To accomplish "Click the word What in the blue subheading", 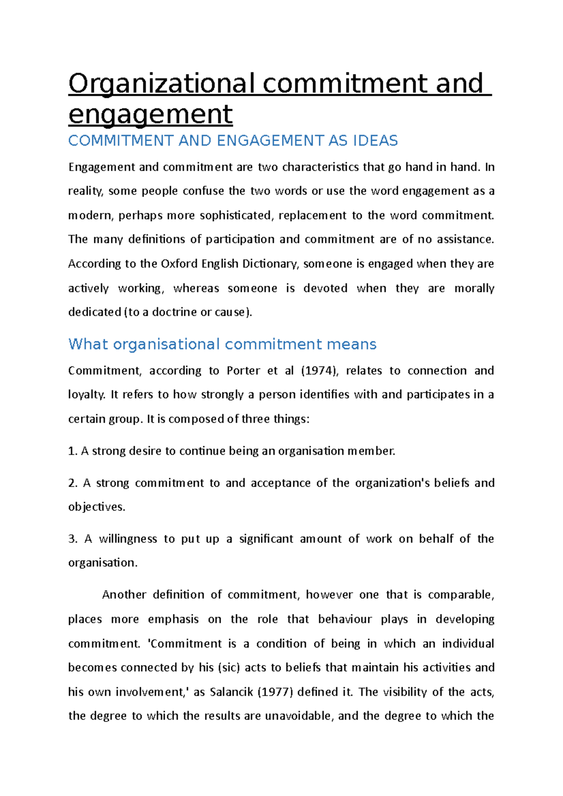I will pos(88,344).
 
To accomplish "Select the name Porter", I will pos(243,370).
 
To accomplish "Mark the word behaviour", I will pos(345,619).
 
